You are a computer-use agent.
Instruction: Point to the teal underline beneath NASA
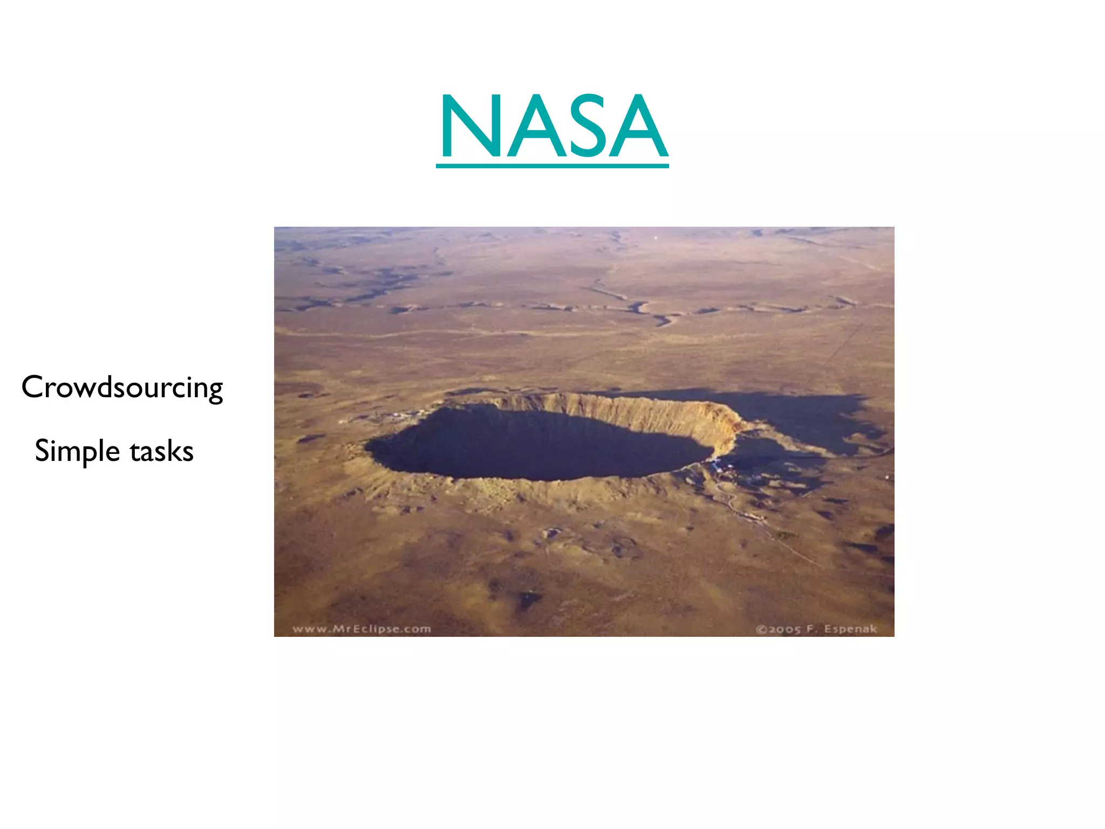(x=552, y=165)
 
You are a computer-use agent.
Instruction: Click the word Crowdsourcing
(x=122, y=388)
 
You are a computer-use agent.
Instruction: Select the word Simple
(x=77, y=451)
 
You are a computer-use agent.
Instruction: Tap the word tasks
(x=161, y=451)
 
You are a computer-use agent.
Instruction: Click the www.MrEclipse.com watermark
(x=361, y=629)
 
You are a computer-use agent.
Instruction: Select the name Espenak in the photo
(x=850, y=629)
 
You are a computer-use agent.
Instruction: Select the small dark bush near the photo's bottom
(x=526, y=598)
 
